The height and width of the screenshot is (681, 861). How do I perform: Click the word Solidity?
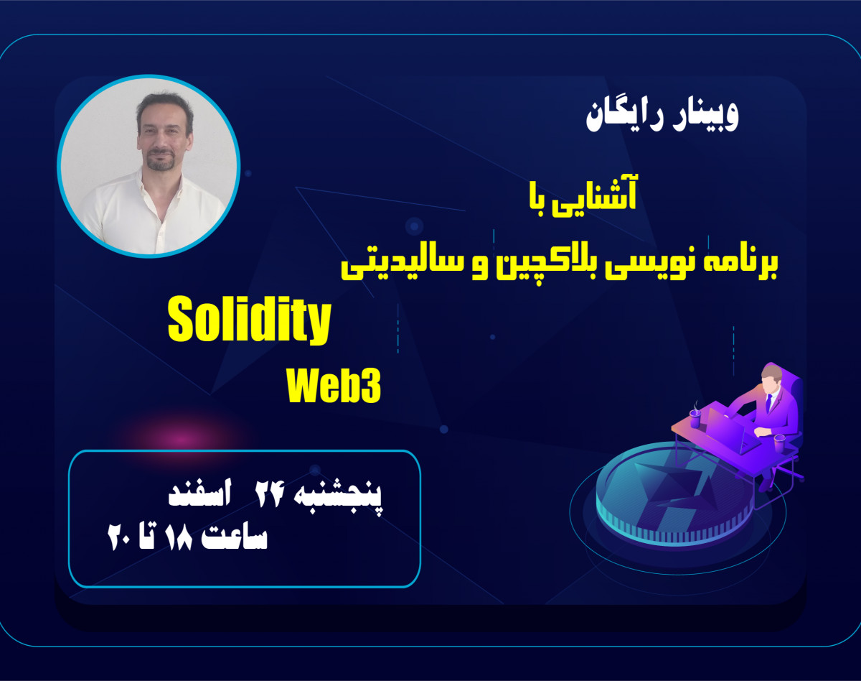click(x=249, y=323)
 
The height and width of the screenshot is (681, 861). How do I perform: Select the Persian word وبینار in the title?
click(x=703, y=117)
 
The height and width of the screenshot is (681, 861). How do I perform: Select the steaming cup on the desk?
click(x=695, y=416)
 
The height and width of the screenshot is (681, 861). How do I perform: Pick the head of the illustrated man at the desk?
click(x=771, y=376)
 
